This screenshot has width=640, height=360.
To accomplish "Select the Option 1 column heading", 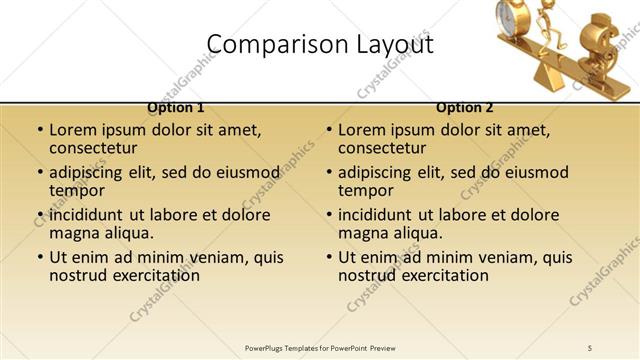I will [176, 107].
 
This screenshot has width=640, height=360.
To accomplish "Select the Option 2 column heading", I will [465, 107].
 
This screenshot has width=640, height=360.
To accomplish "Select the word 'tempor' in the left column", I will [77, 191].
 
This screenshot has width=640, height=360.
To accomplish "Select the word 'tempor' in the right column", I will [366, 191].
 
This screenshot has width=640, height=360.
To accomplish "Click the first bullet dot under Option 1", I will [40, 131].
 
